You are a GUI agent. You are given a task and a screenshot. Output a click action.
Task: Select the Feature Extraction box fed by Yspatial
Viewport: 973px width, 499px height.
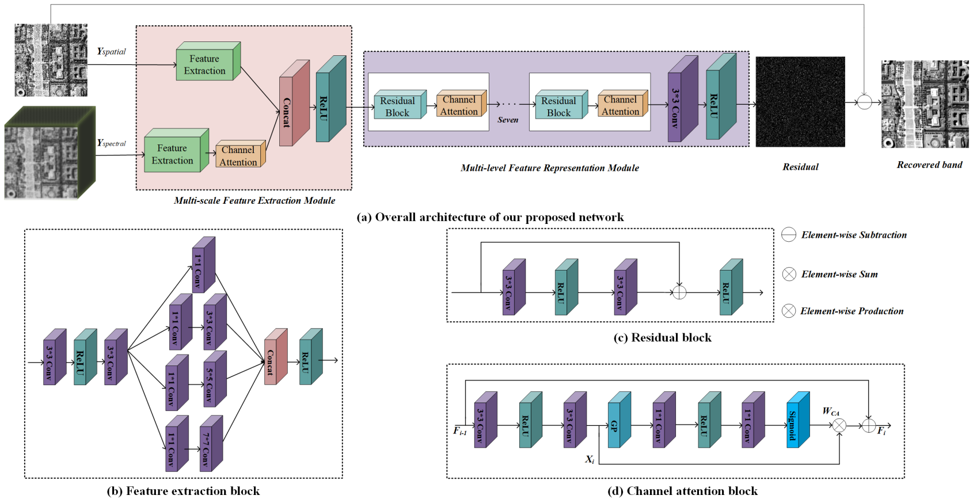point(205,64)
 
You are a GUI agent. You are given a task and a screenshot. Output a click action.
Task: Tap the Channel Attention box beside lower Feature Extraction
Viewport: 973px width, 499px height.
point(238,156)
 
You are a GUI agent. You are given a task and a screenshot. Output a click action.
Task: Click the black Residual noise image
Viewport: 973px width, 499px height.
point(800,102)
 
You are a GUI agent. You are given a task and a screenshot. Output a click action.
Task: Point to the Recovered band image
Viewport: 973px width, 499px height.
point(925,104)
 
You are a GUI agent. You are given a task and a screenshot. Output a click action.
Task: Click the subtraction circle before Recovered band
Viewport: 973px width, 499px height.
point(864,102)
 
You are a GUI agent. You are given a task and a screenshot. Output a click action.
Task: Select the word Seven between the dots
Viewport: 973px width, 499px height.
point(508,120)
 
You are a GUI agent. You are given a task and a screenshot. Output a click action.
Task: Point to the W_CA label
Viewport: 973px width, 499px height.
point(831,411)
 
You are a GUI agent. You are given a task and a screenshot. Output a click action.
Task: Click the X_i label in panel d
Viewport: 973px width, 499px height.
point(590,459)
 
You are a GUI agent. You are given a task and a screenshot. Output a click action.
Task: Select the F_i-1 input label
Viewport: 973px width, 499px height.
point(459,431)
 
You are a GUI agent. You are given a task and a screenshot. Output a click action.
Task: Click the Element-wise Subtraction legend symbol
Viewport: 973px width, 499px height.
point(789,235)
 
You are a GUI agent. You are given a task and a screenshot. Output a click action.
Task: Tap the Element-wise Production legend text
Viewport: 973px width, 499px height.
point(852,311)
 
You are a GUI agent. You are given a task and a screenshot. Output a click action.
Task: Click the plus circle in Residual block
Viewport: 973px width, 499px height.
point(679,292)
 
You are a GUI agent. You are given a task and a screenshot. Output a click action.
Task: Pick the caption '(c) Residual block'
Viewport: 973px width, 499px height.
point(662,338)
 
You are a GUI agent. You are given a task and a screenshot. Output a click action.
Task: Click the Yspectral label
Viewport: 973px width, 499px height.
point(112,143)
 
